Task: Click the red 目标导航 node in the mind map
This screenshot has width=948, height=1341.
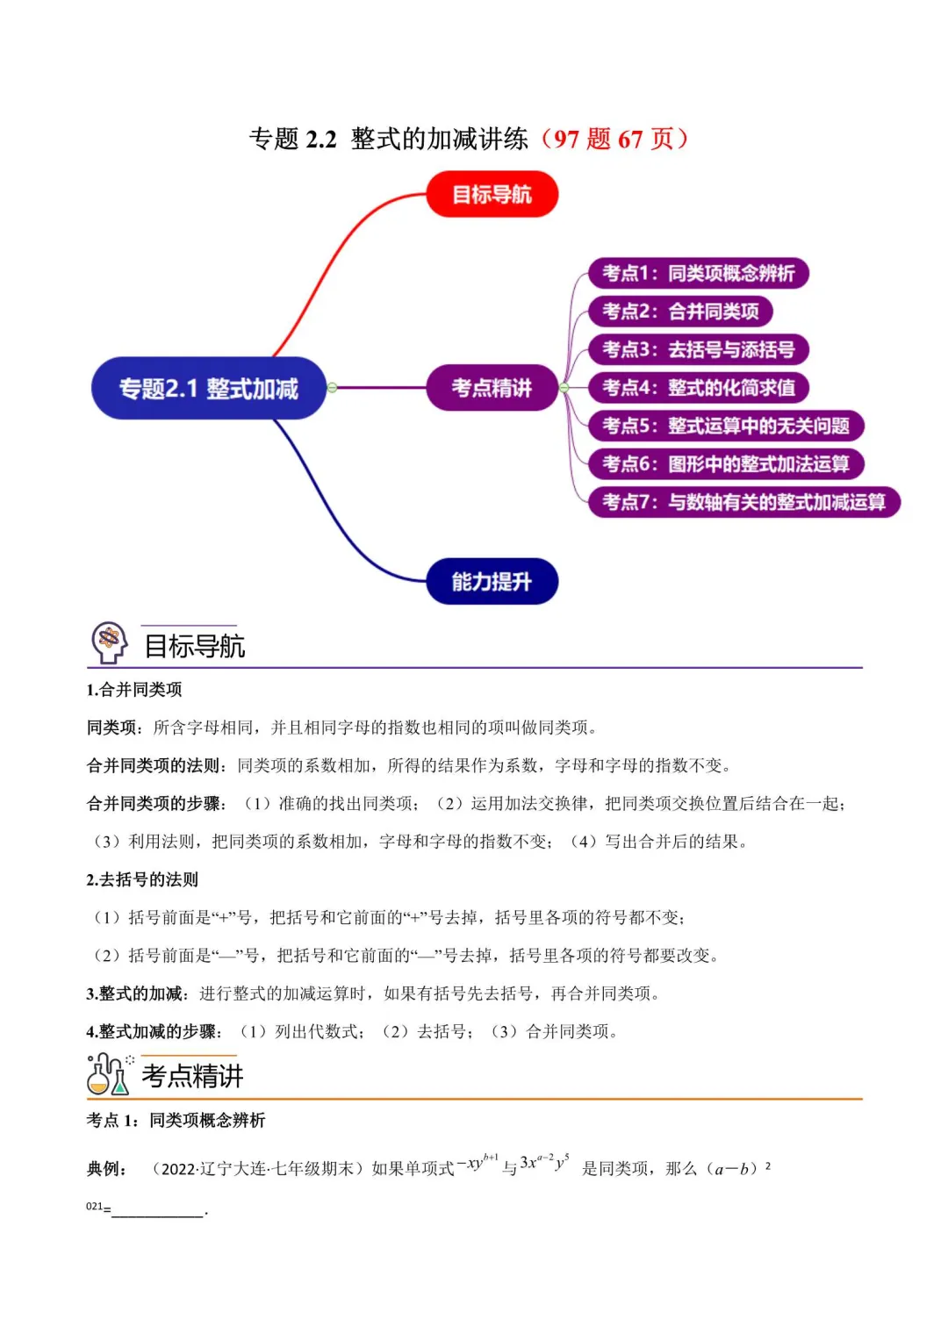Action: click(x=492, y=194)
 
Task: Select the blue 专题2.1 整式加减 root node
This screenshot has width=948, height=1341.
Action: click(x=209, y=388)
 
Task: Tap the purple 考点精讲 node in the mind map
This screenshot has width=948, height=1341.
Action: click(x=492, y=388)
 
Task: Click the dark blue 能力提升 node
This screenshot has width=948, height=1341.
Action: click(x=492, y=581)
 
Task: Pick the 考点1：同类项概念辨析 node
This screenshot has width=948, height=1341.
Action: click(x=698, y=273)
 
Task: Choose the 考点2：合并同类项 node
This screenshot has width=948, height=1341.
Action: click(x=680, y=312)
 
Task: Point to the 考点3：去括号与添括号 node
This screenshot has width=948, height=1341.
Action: click(x=698, y=349)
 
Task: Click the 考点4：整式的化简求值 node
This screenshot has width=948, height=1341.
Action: click(x=698, y=388)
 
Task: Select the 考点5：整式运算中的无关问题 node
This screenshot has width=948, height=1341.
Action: click(x=726, y=426)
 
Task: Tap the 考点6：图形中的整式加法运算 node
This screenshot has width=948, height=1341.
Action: click(x=726, y=463)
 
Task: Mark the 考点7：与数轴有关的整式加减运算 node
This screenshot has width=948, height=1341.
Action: click(x=743, y=502)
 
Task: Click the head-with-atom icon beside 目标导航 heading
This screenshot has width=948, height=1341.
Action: click(x=110, y=642)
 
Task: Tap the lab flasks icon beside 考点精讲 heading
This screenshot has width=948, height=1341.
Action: click(x=109, y=1073)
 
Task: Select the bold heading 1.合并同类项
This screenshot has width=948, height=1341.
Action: click(x=134, y=690)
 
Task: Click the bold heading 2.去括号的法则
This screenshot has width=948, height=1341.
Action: click(x=142, y=879)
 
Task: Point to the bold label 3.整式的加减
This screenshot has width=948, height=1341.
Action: click(x=137, y=993)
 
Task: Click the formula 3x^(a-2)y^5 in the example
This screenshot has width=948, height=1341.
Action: click(x=544, y=1163)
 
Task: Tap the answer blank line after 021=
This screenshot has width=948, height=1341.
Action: click(x=158, y=1210)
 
